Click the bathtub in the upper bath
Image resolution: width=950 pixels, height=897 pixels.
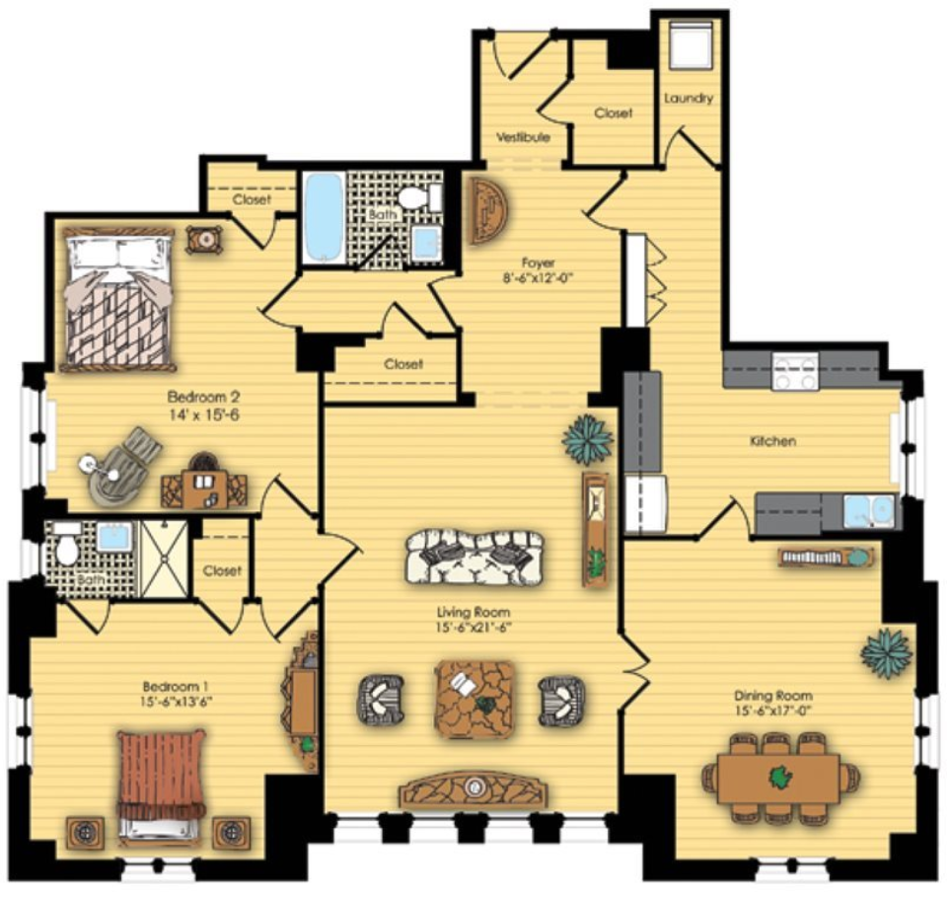coord(325,218)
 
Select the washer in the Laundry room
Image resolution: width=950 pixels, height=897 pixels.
coord(691,46)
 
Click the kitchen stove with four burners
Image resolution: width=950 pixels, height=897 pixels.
coord(795,371)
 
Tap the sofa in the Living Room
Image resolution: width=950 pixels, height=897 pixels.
coord(475,557)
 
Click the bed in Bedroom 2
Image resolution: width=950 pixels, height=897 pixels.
coord(118,299)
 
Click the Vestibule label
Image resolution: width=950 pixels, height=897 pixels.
coord(524,137)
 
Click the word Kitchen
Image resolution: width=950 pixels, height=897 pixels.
coord(773,441)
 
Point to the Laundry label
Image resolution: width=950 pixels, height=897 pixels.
coord(689,98)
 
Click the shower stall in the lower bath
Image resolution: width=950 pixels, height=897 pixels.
coord(164,559)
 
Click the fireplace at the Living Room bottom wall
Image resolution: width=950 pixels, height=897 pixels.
coord(474,790)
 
